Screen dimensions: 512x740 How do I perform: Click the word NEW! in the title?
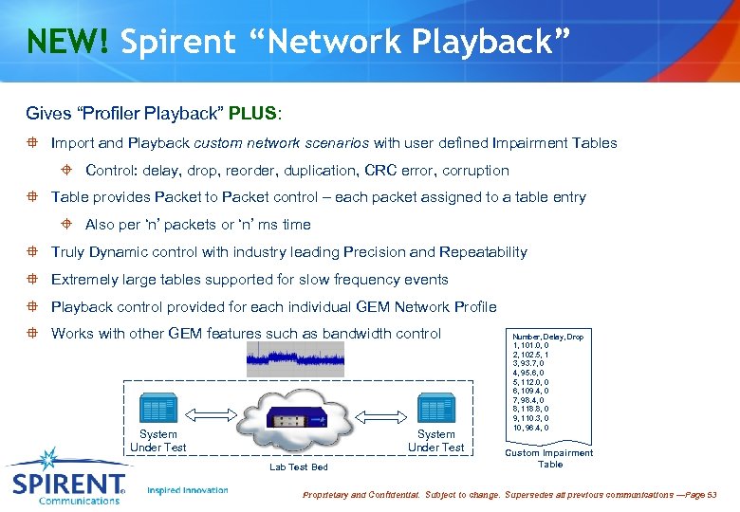click(x=67, y=43)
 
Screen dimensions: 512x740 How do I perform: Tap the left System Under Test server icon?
click(x=157, y=411)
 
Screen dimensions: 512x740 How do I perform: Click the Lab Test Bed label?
click(x=298, y=466)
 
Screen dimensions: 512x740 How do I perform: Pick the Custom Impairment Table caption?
click(x=549, y=458)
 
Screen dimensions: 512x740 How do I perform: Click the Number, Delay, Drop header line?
click(x=547, y=337)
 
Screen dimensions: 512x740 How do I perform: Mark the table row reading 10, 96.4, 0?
click(x=530, y=428)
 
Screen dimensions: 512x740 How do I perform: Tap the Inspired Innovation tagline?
click(x=188, y=490)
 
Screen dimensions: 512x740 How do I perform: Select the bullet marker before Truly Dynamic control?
click(x=31, y=252)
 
